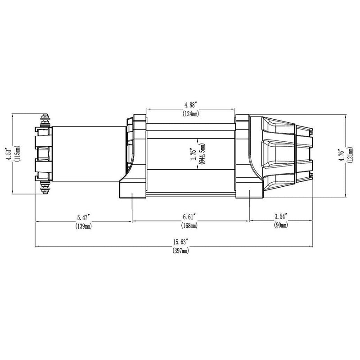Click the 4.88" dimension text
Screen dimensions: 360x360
pos(191,105)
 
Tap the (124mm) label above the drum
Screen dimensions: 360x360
pos(191,114)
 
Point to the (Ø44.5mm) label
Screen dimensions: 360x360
pos(202,154)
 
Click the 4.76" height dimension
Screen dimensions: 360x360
pos(342,155)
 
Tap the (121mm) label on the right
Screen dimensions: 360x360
pos(351,155)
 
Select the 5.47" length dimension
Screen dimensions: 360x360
pos(83,217)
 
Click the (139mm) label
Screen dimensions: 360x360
pos(84,226)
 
